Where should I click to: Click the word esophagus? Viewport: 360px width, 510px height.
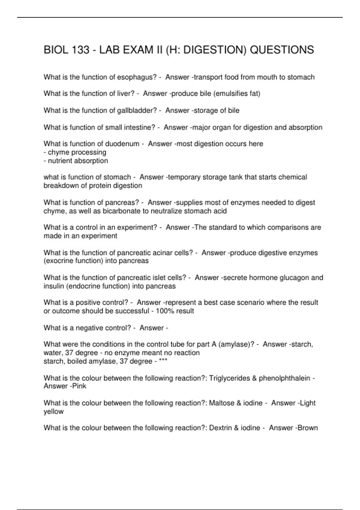137,77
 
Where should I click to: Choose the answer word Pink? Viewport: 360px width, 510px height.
79,386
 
